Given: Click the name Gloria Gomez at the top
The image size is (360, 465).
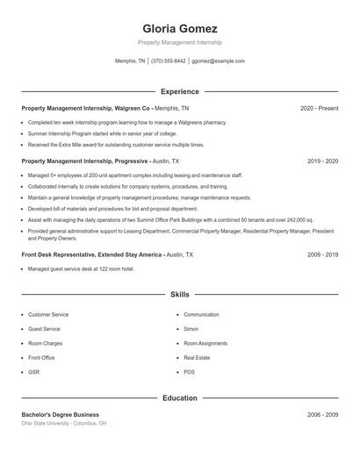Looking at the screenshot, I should [180, 28].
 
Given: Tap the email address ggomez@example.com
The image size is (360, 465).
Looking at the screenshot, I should [218, 61].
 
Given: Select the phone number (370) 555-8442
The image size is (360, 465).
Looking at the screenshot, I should [169, 61].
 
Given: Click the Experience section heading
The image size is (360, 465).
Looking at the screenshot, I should [180, 91].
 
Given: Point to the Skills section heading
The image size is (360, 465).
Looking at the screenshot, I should [180, 295].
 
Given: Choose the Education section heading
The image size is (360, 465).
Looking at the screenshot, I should [180, 398].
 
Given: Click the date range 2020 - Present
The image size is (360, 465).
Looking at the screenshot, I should [320, 108].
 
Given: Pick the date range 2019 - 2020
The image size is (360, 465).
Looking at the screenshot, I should [323, 161].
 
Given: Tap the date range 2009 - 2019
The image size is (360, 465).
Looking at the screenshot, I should [323, 254].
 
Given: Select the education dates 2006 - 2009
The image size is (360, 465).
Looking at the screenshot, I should [323, 414].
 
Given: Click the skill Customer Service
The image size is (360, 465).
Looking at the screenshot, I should [48, 314].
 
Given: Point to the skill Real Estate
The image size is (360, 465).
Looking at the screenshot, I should [196, 358].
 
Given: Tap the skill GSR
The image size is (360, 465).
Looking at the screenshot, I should [34, 372].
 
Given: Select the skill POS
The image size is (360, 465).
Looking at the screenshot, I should [190, 372].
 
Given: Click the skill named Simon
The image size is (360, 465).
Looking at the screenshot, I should [191, 329].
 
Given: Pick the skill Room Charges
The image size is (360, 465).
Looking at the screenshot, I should [46, 343].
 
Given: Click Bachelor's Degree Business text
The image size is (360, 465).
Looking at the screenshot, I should [61, 414].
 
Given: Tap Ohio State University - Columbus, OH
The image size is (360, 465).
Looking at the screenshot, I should [64, 424].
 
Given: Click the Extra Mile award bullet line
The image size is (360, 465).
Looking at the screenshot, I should [116, 145].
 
